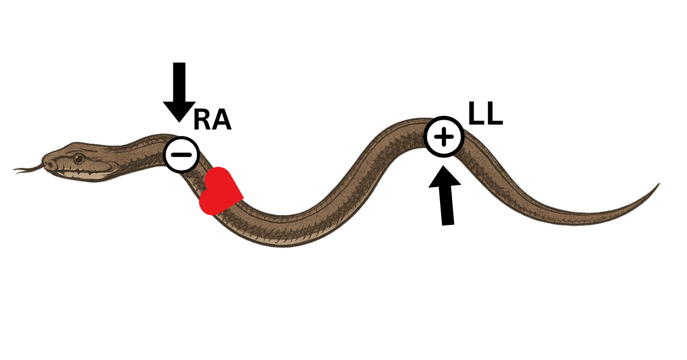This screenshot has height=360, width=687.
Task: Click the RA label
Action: [x=212, y=121]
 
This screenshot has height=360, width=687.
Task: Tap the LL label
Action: [x=486, y=114]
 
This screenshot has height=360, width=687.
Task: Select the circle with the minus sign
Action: [x=181, y=155]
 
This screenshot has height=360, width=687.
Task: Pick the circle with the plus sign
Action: [x=444, y=137]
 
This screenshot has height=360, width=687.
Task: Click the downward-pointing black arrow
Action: [x=179, y=91]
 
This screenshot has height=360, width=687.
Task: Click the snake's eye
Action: [x=78, y=159]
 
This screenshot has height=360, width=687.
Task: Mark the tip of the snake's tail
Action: [x=657, y=185]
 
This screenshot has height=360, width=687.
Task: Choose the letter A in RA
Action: [x=221, y=121]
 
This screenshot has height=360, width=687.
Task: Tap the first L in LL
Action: [x=476, y=114]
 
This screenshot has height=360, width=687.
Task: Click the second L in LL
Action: [x=495, y=114]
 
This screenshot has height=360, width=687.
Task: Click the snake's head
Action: [x=77, y=162]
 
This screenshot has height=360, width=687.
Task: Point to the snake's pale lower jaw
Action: [x=82, y=175]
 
